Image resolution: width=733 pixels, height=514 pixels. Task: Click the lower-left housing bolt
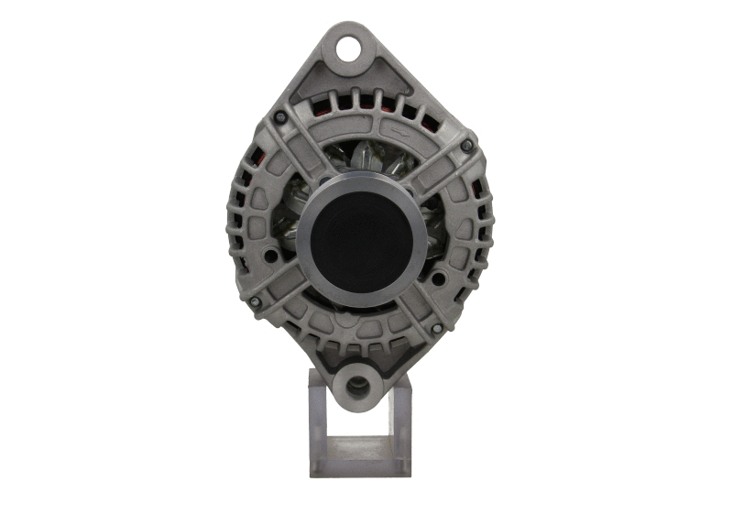tap(255, 301)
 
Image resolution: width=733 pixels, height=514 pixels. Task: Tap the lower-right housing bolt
tap(437, 327)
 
